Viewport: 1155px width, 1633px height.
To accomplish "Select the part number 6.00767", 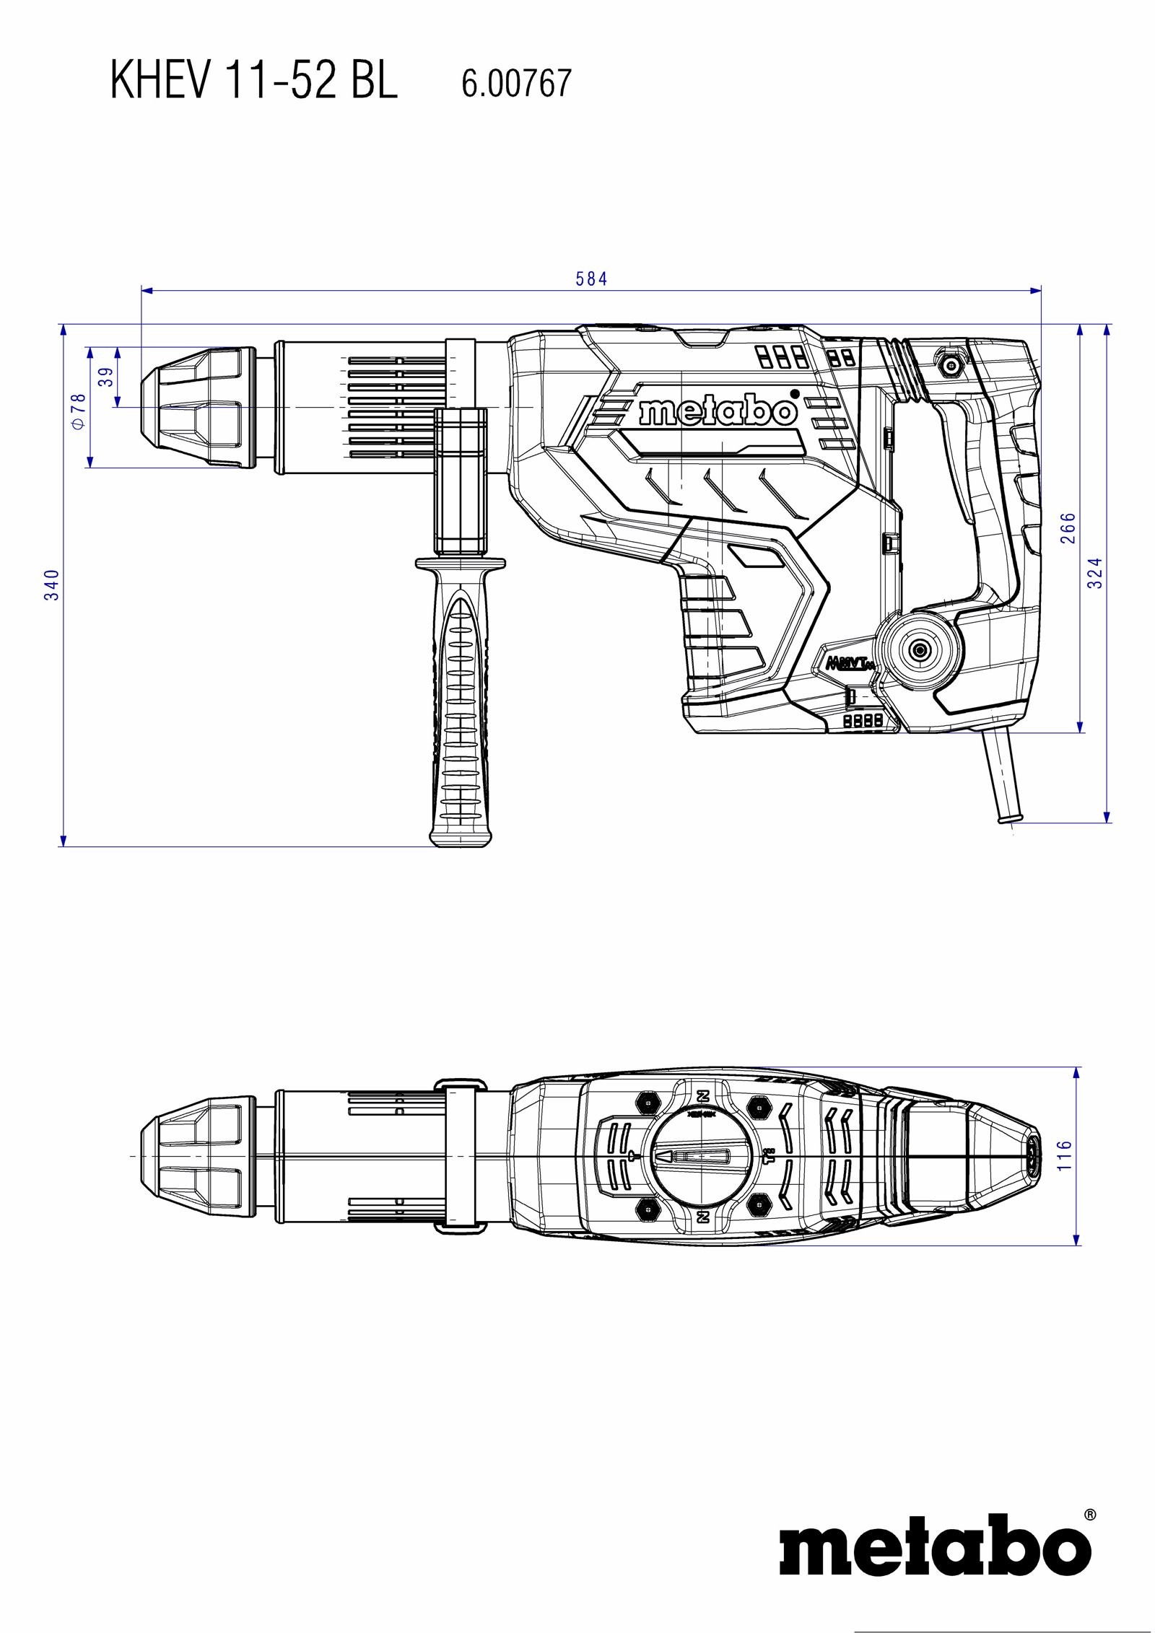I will (516, 84).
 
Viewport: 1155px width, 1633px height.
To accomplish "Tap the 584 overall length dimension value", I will (591, 279).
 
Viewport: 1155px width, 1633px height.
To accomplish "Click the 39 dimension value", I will (106, 377).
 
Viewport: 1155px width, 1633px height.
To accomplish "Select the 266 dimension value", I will (1068, 527).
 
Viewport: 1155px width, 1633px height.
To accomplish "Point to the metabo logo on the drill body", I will (718, 412).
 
